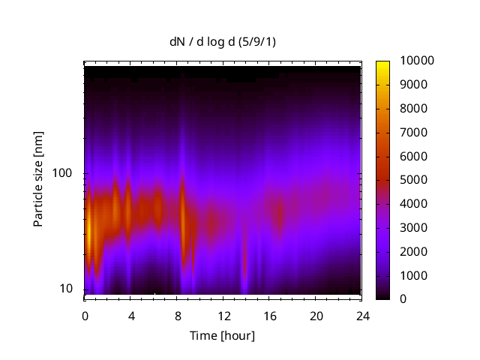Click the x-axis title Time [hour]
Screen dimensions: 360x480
(222, 335)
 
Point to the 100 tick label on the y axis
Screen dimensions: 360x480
(62, 173)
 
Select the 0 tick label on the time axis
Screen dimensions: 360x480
(85, 316)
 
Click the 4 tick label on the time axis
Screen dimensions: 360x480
(131, 316)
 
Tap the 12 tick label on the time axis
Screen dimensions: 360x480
(223, 316)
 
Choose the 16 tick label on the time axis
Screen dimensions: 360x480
(270, 316)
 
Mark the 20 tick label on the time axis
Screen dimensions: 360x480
(316, 316)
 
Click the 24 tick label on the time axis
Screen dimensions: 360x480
(362, 316)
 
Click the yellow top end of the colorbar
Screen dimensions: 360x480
(382, 64)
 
